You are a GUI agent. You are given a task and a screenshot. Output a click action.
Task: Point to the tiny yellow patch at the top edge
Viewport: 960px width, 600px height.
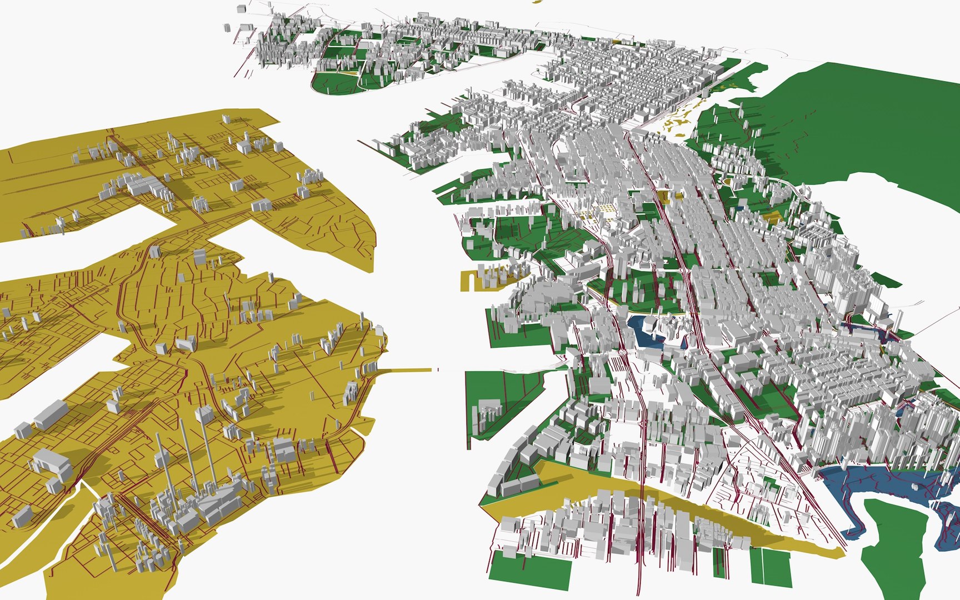tap(536, 2)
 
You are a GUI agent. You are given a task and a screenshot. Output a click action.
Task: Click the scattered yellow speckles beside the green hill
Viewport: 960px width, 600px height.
tap(681, 119)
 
